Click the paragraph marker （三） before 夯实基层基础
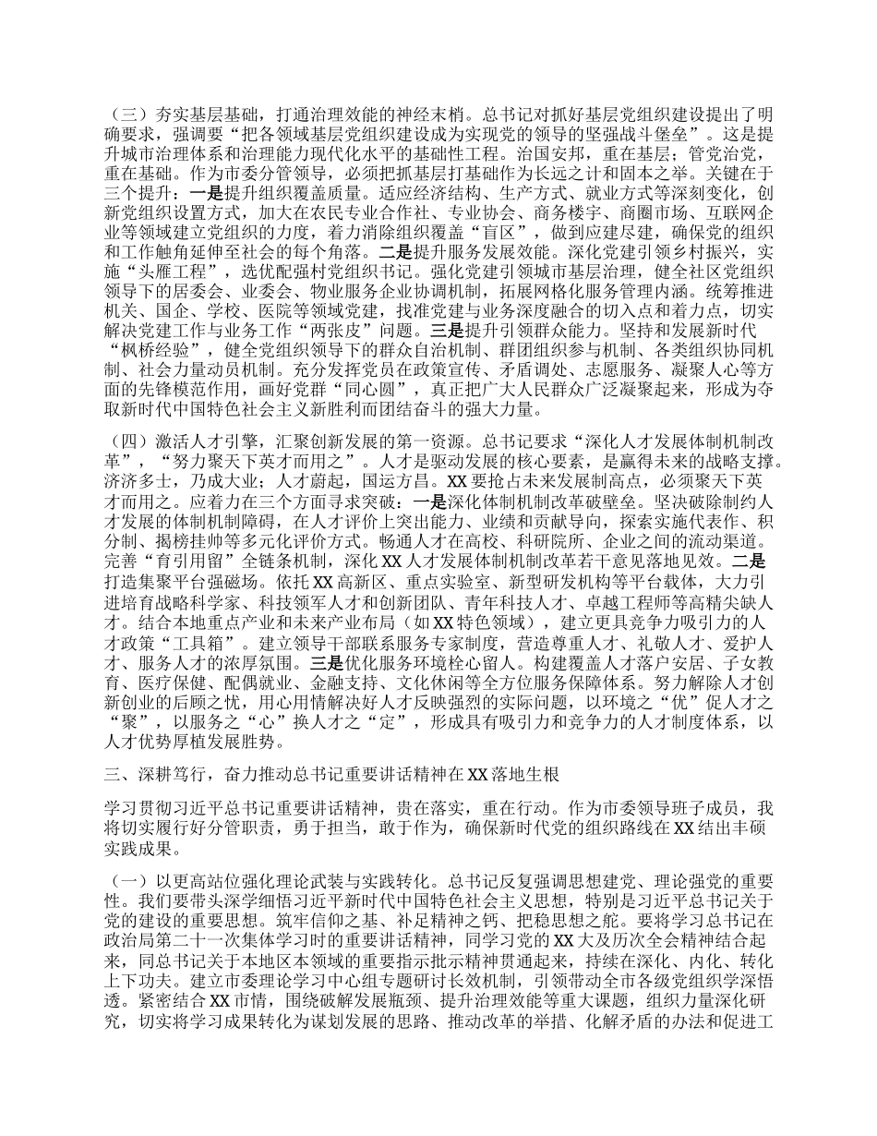pos(124,117)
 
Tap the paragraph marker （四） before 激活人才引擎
pos(124,440)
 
